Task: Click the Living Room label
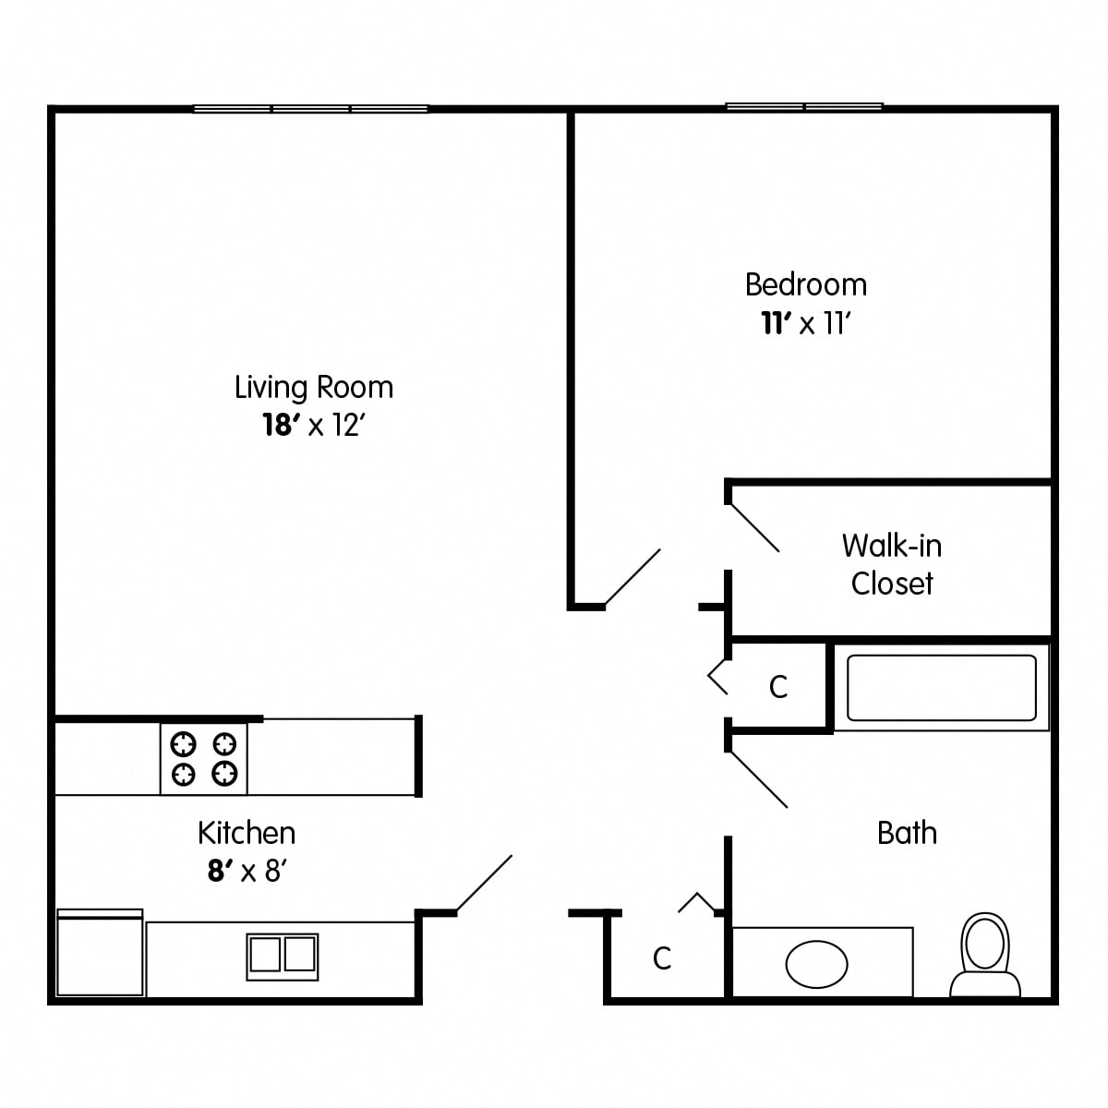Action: pyautogui.click(x=314, y=387)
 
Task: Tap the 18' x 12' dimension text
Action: pyautogui.click(x=314, y=426)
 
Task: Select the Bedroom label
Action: pyautogui.click(x=805, y=284)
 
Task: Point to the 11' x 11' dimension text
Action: pyautogui.click(x=805, y=324)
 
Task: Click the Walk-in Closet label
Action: pyautogui.click(x=892, y=564)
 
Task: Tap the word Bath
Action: pyautogui.click(x=907, y=833)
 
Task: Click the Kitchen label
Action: pyautogui.click(x=247, y=833)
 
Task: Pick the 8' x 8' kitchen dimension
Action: pyautogui.click(x=247, y=871)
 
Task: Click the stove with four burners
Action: pyautogui.click(x=204, y=758)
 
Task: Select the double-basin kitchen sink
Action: pyautogui.click(x=283, y=956)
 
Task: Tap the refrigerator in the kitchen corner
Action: pyautogui.click(x=100, y=954)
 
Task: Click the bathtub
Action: pyautogui.click(x=941, y=687)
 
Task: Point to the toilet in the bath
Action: pyautogui.click(x=984, y=956)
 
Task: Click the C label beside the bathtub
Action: pyautogui.click(x=778, y=687)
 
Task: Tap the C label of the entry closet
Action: pyautogui.click(x=661, y=958)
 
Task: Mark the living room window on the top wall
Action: pyautogui.click(x=311, y=109)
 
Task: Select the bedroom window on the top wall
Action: pyautogui.click(x=804, y=107)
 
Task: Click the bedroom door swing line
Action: pyautogui.click(x=632, y=578)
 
